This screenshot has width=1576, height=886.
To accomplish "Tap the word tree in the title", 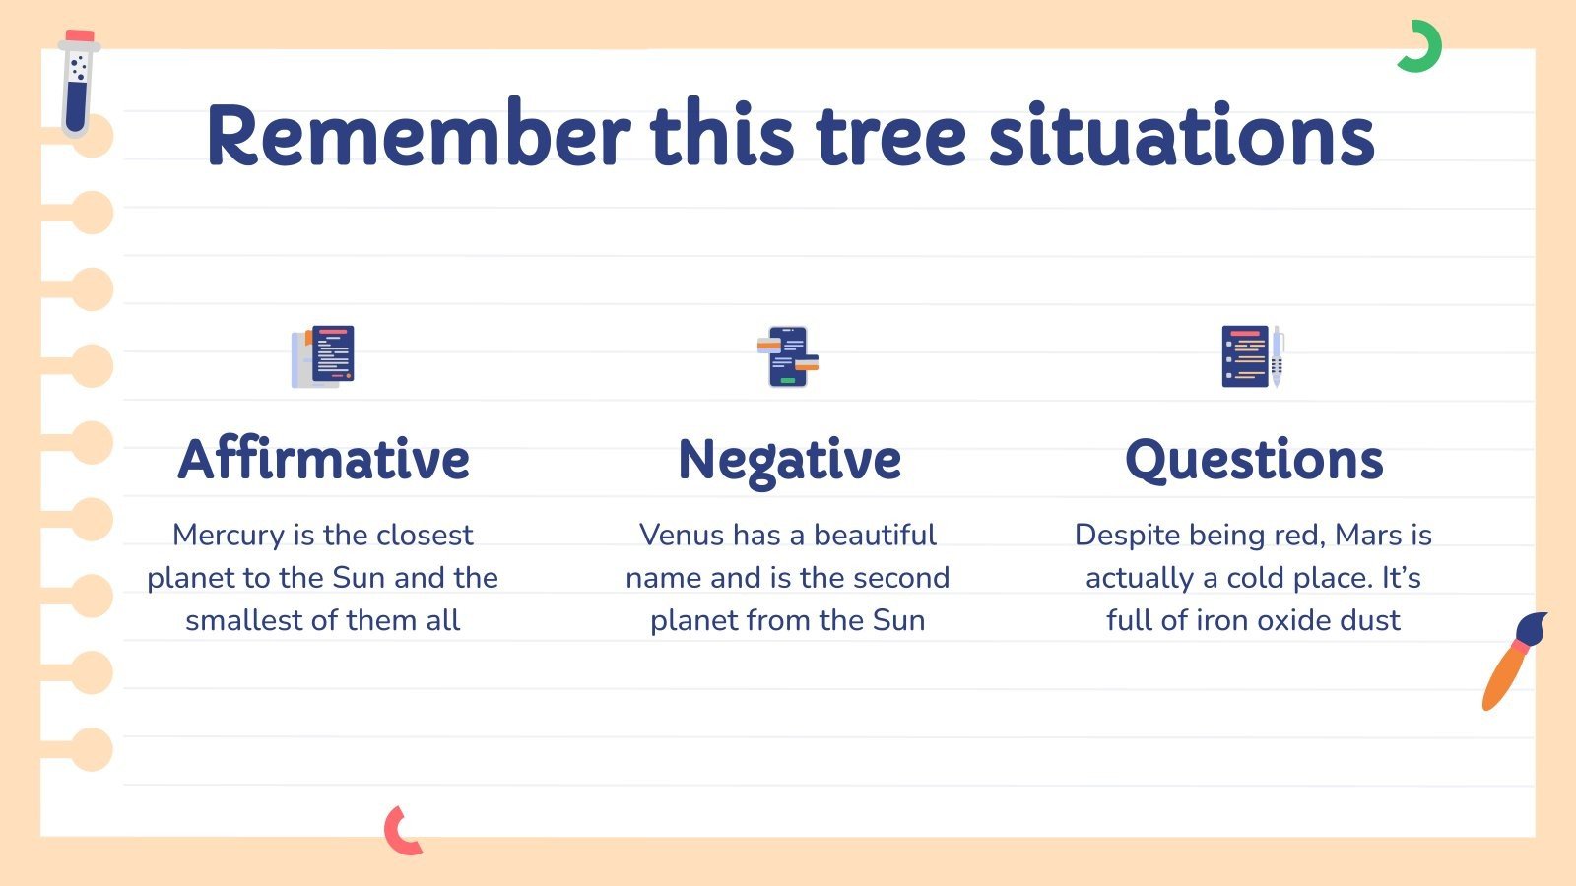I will click(x=891, y=136).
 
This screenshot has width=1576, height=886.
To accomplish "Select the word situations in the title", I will click(x=1181, y=136).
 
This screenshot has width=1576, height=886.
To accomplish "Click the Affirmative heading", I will click(x=323, y=460).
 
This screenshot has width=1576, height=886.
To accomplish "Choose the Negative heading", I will click(x=789, y=460).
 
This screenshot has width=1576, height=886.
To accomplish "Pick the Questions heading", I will click(x=1254, y=460).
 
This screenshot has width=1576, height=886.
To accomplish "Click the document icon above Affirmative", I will click(x=323, y=356).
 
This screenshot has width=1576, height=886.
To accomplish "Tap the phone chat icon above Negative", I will click(x=788, y=356).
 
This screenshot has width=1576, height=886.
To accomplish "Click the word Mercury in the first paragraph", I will click(x=228, y=535).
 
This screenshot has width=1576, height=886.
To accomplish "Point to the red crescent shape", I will click(x=398, y=832).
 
